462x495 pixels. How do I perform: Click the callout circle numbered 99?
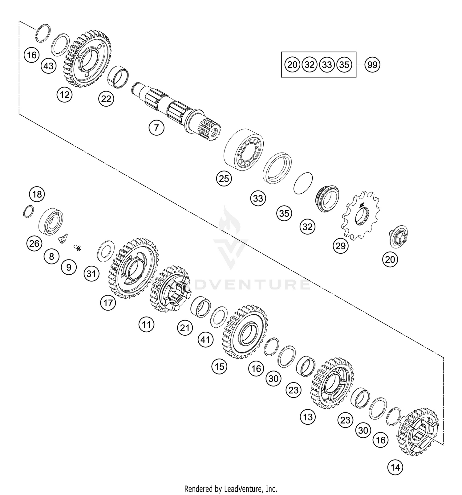coord(372,65)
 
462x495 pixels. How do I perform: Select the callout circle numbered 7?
coord(156,127)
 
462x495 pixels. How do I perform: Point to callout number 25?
coord(224,178)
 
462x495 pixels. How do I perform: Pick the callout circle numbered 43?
coord(49,66)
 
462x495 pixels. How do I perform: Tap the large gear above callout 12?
coord(88,59)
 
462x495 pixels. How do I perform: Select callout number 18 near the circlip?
coord(37,194)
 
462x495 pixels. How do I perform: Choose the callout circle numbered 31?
coord(91,273)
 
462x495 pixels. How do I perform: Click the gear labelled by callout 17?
coord(133,268)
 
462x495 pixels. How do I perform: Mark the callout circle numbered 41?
coord(205,340)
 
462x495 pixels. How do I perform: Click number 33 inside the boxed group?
coord(327,65)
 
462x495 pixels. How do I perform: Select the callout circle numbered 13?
coord(308,417)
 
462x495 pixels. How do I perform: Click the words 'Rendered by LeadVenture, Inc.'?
coord(231,489)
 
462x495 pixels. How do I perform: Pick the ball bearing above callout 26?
coord(51,219)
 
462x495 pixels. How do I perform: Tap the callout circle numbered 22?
coord(106,99)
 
